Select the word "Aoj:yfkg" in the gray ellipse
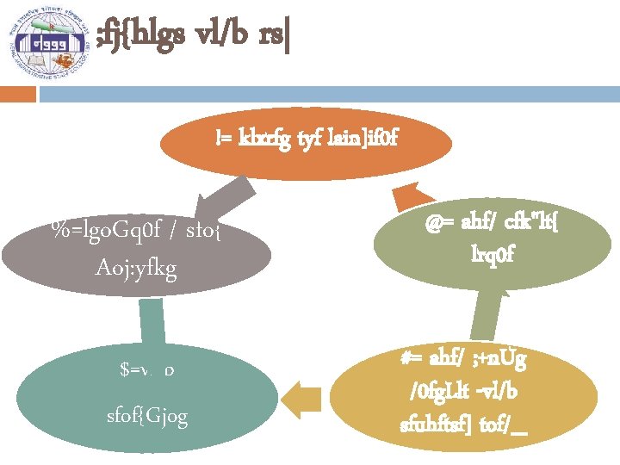pos(137,270)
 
